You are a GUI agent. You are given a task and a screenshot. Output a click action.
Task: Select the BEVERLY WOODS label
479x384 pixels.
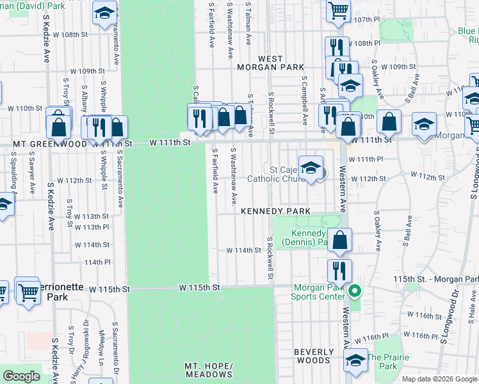coord(314,356)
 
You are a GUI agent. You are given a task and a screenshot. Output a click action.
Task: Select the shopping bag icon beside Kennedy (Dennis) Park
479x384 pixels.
coord(341,241)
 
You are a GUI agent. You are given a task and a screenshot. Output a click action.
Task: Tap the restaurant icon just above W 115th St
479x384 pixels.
coord(339,271)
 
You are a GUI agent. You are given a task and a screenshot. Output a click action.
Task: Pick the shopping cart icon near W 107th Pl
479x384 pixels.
coord(337,10)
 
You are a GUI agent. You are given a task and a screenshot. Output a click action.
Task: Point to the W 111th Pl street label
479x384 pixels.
coord(370,158)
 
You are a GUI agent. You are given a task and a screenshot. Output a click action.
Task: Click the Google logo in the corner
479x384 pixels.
coord(21,376)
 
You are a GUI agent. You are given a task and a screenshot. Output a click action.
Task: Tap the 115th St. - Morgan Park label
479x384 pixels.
coord(435,280)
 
